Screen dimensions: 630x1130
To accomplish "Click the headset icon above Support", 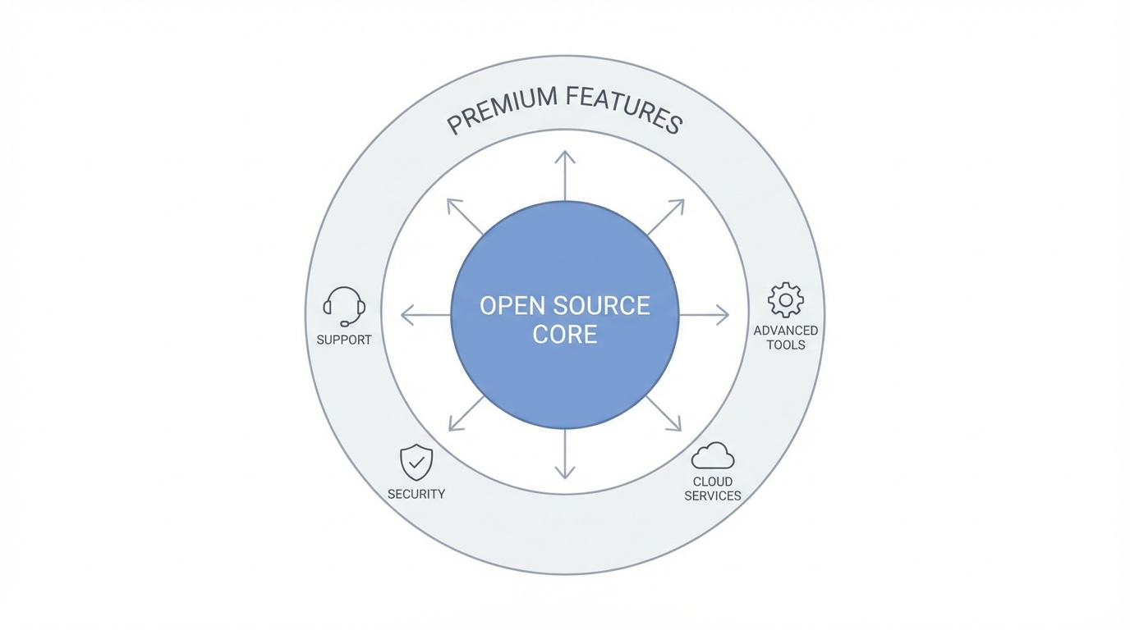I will (x=344, y=307).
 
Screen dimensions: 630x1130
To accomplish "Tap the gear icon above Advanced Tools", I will (x=786, y=300).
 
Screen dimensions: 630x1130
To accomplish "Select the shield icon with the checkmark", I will (x=416, y=463).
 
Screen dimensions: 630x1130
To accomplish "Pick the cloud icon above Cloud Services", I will (x=713, y=456).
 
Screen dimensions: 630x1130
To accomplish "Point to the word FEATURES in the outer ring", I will (x=624, y=109).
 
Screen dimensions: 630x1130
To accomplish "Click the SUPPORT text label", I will (x=344, y=340).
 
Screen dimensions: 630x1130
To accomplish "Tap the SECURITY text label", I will (x=416, y=494).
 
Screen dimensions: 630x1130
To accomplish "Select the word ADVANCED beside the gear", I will (x=786, y=331).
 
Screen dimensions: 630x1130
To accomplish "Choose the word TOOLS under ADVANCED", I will (x=786, y=345).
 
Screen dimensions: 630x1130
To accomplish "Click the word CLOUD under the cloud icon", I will (x=713, y=482).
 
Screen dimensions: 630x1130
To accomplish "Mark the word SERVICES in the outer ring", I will (x=713, y=496).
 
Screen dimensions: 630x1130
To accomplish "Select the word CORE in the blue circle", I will (x=565, y=335).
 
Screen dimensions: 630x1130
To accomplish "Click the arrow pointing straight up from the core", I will (x=565, y=175).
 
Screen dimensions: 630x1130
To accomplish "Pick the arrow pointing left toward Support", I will (x=425, y=314).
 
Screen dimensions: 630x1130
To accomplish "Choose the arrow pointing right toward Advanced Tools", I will (x=705, y=314).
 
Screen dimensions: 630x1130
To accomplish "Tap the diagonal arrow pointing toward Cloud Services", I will (x=664, y=413).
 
